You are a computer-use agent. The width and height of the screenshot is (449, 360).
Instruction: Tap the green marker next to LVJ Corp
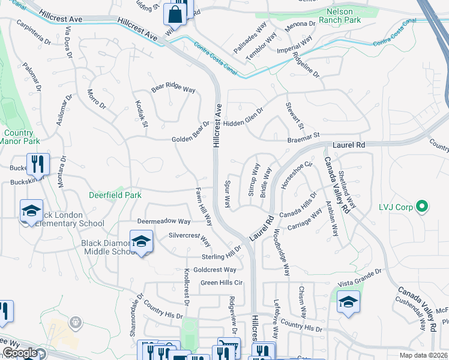point(421,207)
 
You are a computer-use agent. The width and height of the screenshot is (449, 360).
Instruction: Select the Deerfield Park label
point(115,196)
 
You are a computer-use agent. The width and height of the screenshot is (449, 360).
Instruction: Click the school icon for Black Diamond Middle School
point(141,241)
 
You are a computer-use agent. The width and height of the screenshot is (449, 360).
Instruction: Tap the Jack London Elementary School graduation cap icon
point(31,211)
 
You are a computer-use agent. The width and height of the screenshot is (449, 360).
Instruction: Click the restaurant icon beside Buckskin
point(38,164)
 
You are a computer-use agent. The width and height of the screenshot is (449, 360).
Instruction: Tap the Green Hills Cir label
point(221,283)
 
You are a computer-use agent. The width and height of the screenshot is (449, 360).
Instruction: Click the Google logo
point(20,353)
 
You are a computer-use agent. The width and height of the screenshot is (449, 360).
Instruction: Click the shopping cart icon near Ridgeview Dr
point(229,348)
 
